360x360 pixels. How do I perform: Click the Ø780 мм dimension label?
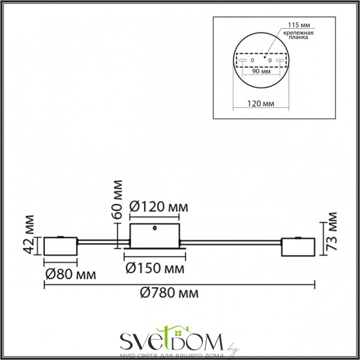coord(169,293)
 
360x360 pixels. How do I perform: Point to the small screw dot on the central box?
coord(156,228)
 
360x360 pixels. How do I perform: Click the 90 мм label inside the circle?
coord(262,71)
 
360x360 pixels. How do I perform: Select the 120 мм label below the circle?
coord(262,104)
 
